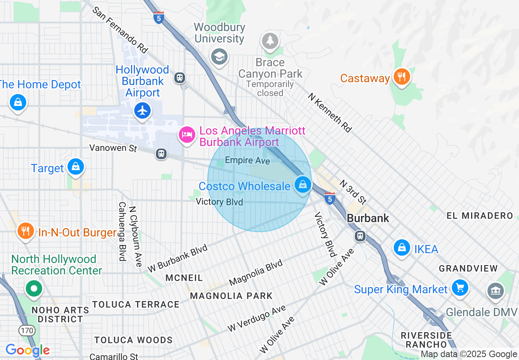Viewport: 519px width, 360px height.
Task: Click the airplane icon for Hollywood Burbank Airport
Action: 142,111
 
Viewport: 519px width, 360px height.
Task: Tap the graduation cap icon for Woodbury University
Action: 219,57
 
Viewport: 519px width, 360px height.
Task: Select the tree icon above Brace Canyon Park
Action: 270,41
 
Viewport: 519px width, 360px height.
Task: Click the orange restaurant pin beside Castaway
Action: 402,76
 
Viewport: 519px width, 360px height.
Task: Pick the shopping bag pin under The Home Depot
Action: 18,102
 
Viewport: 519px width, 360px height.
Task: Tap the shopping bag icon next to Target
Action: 76,167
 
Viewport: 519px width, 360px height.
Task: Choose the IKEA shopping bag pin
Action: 402,248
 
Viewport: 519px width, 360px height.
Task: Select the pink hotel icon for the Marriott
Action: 187,135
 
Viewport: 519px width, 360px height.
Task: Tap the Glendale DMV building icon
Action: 495,290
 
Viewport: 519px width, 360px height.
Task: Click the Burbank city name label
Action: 368,218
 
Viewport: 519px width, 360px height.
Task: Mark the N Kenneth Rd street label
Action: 330,112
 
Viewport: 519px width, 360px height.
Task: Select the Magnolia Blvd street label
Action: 256,272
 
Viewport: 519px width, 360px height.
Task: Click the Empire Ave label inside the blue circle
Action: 247,161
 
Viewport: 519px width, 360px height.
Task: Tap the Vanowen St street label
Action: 113,148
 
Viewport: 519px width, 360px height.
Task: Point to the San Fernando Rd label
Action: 120,30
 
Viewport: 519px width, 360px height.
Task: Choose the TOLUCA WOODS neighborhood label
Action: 133,340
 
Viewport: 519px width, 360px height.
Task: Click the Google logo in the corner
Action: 27,351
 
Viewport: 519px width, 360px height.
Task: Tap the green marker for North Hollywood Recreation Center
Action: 34,288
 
